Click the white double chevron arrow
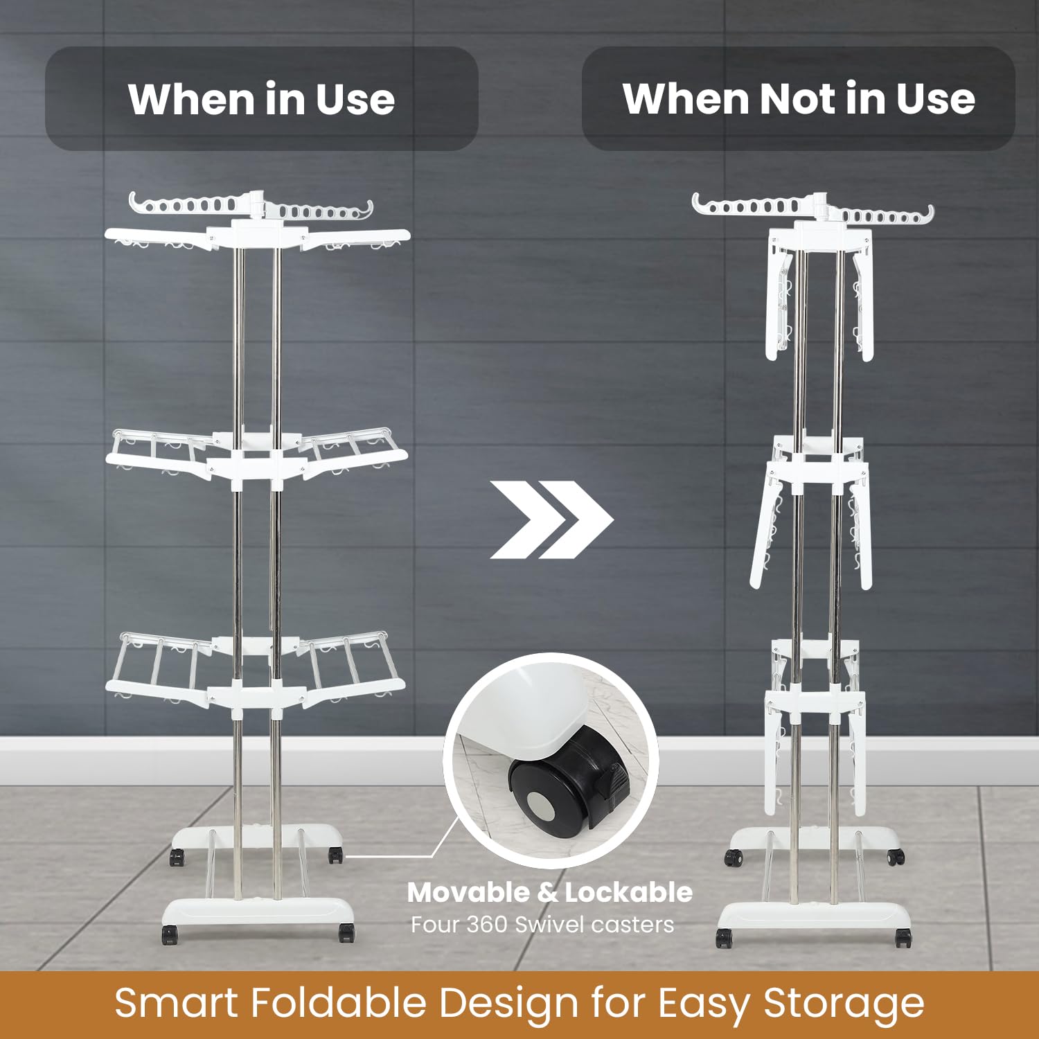tap(551, 519)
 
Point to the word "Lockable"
tap(628, 892)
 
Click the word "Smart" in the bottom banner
tap(178, 1003)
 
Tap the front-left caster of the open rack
tap(170, 935)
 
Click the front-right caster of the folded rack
tap(903, 939)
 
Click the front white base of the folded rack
tap(814, 917)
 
